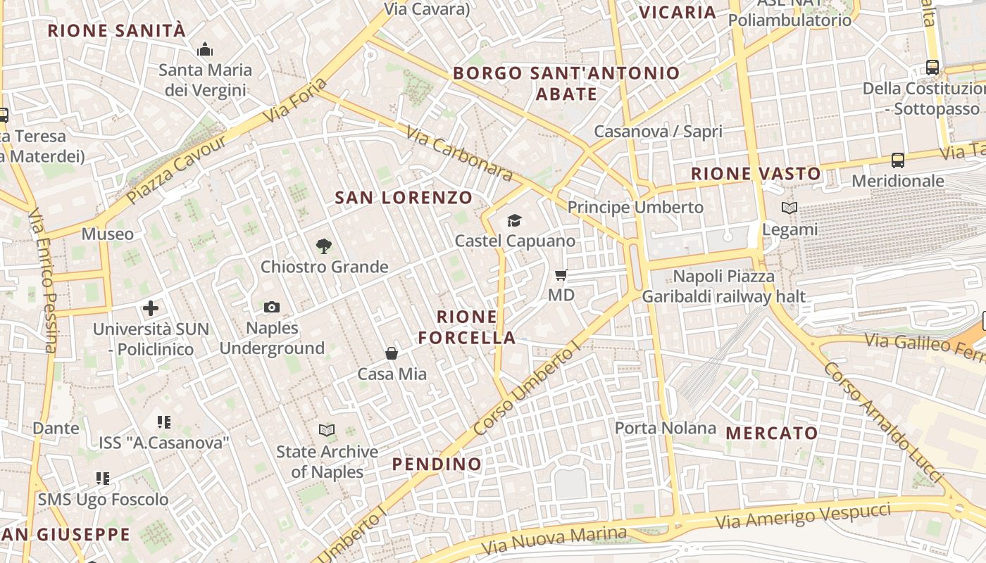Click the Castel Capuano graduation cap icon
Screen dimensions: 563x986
click(x=515, y=221)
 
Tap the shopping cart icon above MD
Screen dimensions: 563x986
click(x=561, y=274)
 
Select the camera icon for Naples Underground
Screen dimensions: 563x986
click(x=272, y=307)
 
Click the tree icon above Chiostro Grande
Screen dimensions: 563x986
click(x=324, y=246)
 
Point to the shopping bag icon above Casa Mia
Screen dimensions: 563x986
click(x=392, y=353)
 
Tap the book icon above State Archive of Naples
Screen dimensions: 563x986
click(x=327, y=430)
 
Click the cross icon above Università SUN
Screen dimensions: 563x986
click(x=151, y=308)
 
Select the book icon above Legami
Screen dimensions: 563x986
click(x=790, y=208)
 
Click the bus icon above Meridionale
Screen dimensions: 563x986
click(x=898, y=160)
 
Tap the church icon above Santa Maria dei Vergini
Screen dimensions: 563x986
click(x=205, y=49)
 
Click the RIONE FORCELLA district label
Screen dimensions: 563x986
click(x=467, y=327)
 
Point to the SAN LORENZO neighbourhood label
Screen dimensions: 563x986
click(x=404, y=198)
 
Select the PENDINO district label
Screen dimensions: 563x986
click(x=437, y=464)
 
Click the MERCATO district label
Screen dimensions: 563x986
click(x=772, y=433)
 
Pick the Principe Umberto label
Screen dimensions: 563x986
click(x=635, y=207)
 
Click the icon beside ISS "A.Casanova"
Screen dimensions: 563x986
click(x=164, y=422)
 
